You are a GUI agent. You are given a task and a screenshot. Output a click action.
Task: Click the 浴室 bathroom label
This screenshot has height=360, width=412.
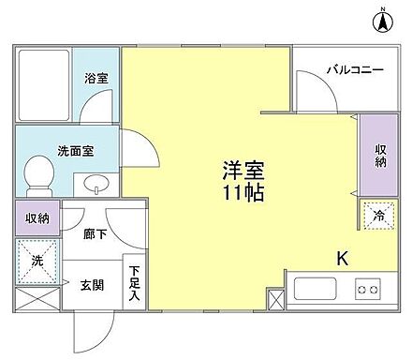[96, 78]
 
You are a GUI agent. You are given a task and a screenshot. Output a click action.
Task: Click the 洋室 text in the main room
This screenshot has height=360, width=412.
[242, 172]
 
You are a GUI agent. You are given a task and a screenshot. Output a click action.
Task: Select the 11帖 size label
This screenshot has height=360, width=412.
[242, 195]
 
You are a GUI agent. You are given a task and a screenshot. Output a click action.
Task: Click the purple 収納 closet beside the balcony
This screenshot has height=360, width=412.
[373, 155]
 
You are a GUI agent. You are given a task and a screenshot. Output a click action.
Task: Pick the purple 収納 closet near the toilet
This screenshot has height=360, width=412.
[37, 218]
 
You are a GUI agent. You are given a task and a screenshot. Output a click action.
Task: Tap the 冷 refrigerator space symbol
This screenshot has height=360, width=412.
[377, 215]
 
